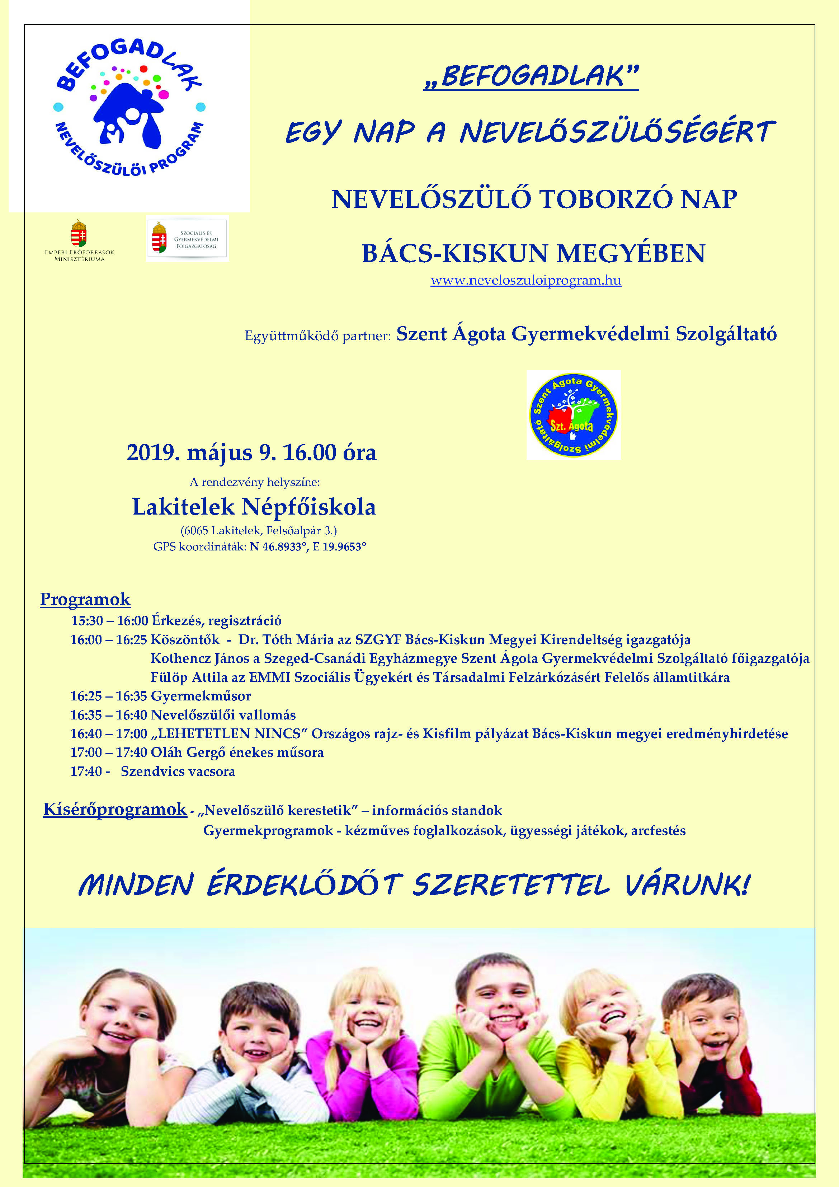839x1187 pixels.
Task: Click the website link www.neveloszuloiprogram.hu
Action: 526,281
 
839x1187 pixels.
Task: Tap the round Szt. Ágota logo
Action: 573,415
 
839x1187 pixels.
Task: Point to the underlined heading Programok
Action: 85,599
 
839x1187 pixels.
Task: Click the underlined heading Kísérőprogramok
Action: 115,809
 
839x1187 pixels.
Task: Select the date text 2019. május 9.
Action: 202,452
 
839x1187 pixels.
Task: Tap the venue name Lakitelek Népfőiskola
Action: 254,507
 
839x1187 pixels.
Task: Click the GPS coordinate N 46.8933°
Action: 279,547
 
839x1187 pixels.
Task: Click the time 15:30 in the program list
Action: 86,621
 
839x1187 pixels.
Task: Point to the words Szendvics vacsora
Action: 178,772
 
